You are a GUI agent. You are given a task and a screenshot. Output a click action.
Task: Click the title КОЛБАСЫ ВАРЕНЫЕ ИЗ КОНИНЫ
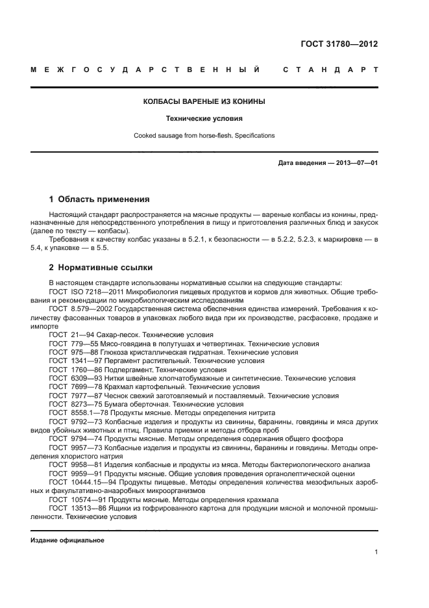click(x=204, y=102)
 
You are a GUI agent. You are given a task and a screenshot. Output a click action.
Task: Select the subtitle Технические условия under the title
click(x=204, y=119)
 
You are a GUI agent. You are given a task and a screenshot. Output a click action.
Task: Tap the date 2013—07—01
click(x=354, y=163)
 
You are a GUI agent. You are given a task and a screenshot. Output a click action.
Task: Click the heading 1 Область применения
click(x=99, y=199)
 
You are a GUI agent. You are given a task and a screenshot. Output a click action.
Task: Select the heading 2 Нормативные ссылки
click(x=101, y=267)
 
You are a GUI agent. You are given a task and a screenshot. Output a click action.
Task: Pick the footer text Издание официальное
click(x=67, y=539)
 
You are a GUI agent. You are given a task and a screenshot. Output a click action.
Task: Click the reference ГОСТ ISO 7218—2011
click(x=81, y=292)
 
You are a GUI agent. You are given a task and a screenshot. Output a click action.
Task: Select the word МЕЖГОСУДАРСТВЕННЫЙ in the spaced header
click(x=145, y=69)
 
